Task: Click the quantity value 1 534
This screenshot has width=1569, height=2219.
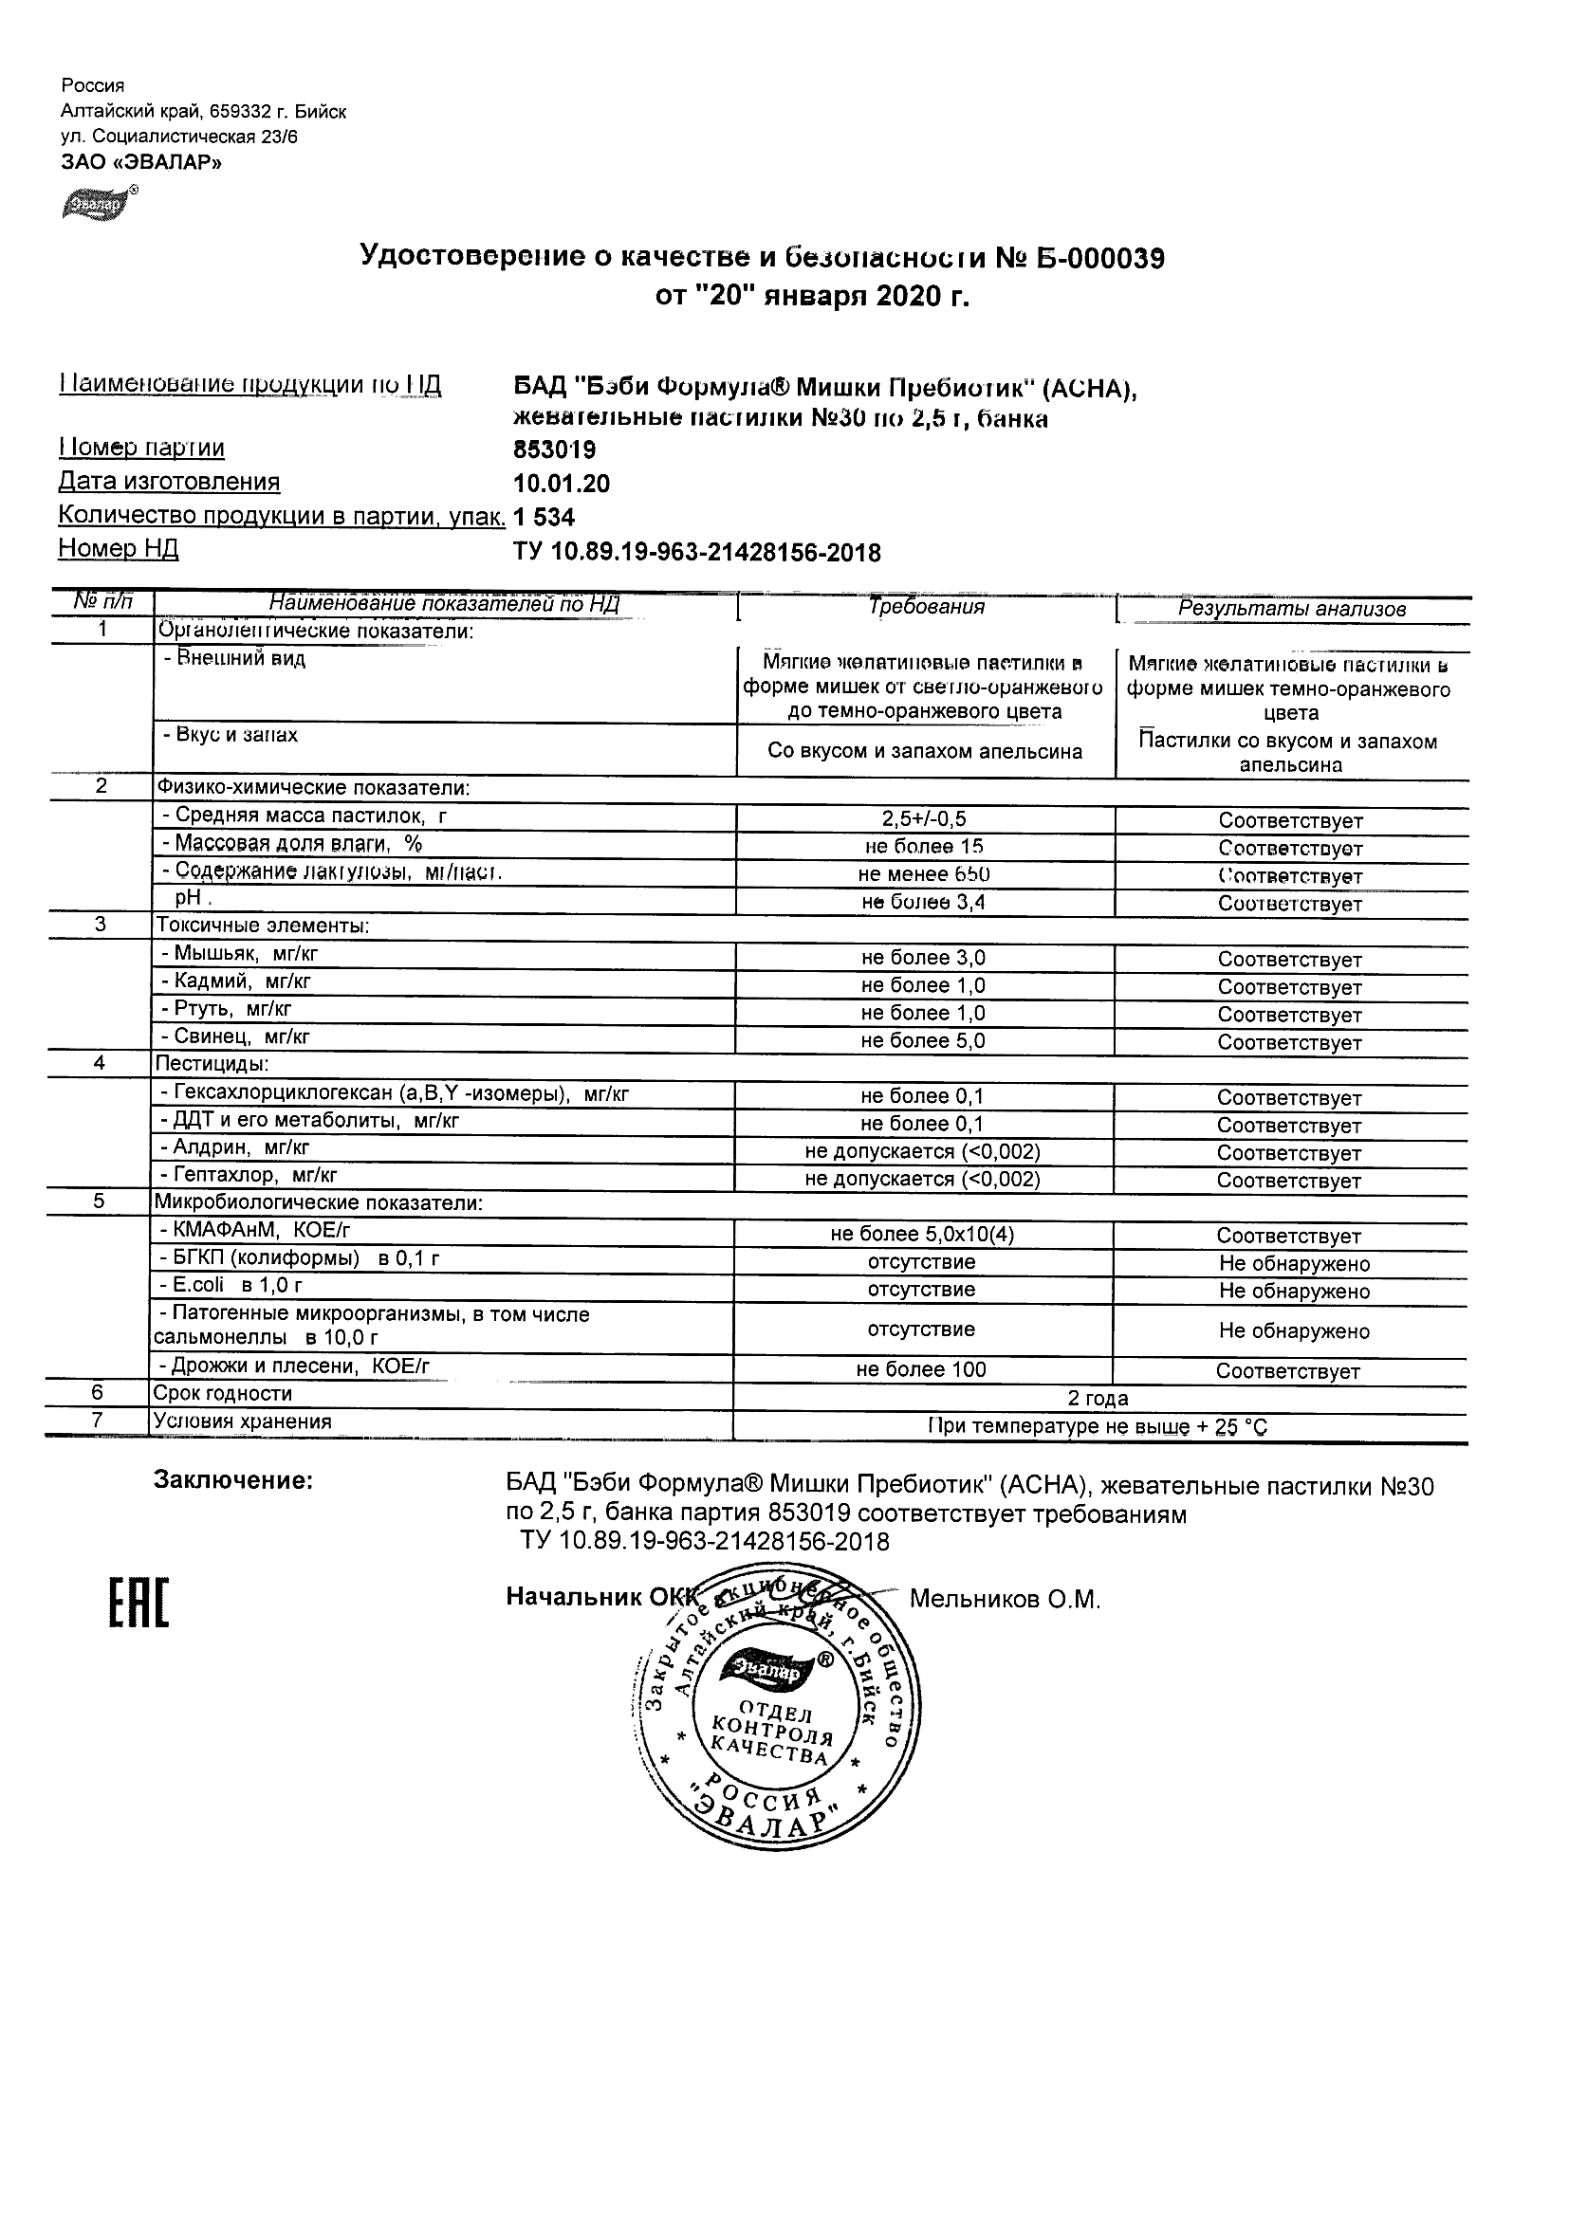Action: click(x=545, y=518)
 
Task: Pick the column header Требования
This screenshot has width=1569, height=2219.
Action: click(x=926, y=607)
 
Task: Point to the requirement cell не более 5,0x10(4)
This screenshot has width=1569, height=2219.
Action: click(x=922, y=1234)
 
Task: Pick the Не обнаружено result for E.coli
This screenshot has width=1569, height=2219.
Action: click(x=1294, y=1292)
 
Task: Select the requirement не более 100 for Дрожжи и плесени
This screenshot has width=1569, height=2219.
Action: click(x=921, y=1369)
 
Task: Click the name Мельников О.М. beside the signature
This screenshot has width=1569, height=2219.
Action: click(x=1005, y=1600)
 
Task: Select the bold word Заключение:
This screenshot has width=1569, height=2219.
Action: click(x=233, y=1480)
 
